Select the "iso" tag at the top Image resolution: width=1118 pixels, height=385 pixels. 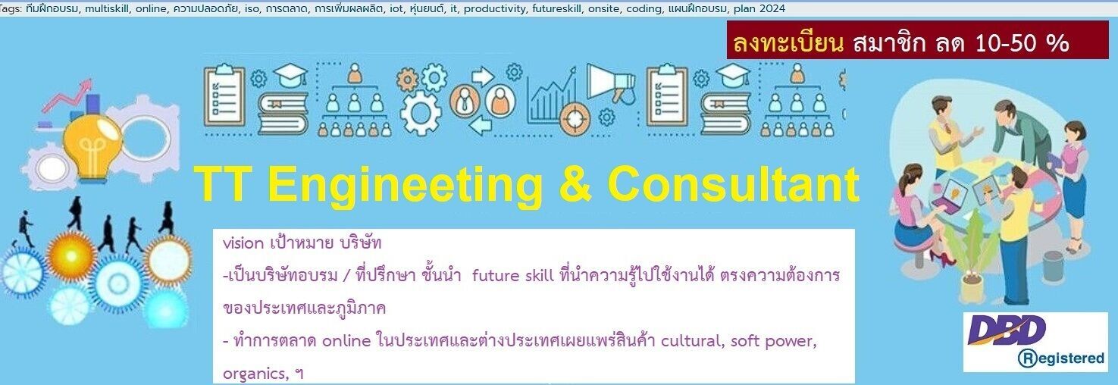point(252,8)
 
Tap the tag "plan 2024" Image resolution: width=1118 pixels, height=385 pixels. point(759,8)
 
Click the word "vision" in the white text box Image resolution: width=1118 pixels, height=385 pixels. point(242,244)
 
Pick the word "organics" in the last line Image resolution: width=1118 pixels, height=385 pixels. point(254,373)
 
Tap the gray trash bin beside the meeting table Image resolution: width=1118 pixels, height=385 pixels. point(1053,266)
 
